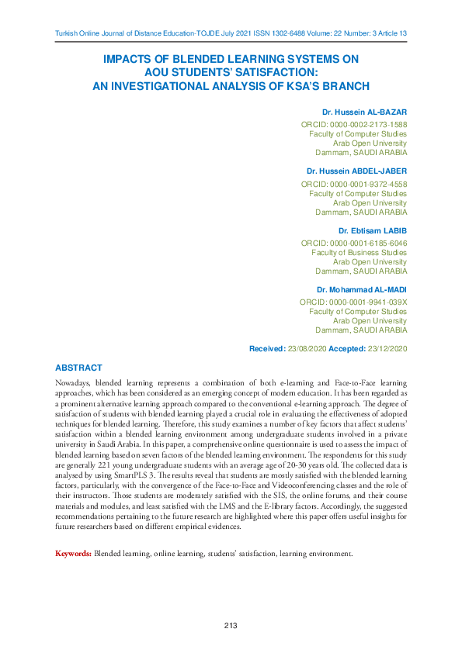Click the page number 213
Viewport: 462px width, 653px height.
click(230, 626)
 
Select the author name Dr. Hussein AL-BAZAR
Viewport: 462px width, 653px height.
click(364, 112)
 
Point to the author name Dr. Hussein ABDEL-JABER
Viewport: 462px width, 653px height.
click(356, 170)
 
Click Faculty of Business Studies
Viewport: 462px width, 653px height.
click(359, 253)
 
